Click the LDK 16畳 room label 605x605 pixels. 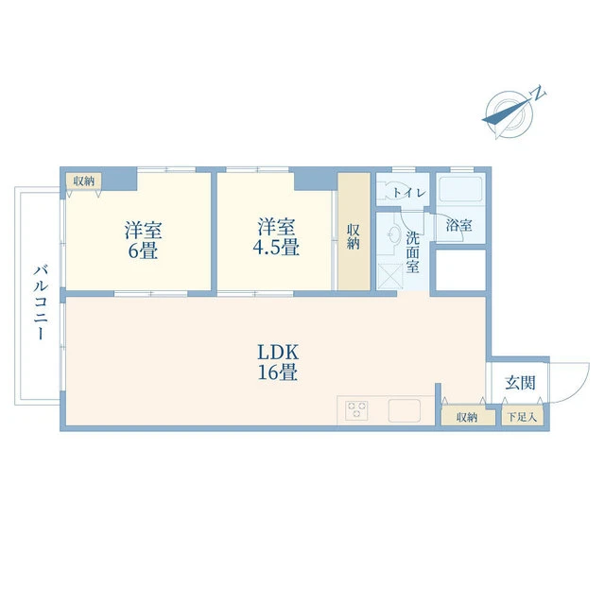278,362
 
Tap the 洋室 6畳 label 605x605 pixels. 143,240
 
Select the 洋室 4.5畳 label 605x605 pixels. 276,236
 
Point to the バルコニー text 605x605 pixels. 41,302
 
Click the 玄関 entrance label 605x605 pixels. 520,383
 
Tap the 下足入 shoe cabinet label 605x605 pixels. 522,417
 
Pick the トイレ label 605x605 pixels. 409,193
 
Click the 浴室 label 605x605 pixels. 459,225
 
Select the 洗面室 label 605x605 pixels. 412,252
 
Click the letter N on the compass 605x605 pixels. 539,93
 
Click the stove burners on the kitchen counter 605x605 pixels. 356,409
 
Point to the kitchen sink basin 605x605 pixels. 405,410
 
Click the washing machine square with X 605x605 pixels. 390,276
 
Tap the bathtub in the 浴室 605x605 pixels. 460,189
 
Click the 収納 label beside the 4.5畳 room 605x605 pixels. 353,237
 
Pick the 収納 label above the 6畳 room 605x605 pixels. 84,181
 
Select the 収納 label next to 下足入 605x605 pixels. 467,417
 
